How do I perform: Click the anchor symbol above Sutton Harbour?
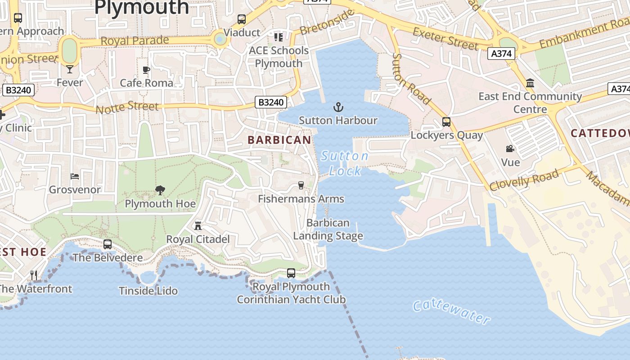click(338, 107)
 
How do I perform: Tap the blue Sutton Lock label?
click(345, 163)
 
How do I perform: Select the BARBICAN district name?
click(279, 140)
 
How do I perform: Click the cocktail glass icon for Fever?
click(70, 69)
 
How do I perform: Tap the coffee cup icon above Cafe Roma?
click(146, 70)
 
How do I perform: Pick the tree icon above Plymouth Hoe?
click(160, 190)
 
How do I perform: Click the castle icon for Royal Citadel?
click(198, 226)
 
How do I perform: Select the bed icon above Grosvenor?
click(75, 176)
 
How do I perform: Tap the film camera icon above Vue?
click(510, 149)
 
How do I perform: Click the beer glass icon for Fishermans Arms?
click(301, 185)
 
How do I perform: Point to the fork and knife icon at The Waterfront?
click(34, 275)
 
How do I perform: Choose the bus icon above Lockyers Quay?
click(446, 122)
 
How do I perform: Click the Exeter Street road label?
click(445, 39)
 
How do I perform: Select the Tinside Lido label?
click(148, 291)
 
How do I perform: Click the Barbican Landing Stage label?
click(328, 229)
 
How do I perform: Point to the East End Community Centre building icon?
click(530, 83)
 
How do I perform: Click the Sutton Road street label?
click(411, 79)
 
